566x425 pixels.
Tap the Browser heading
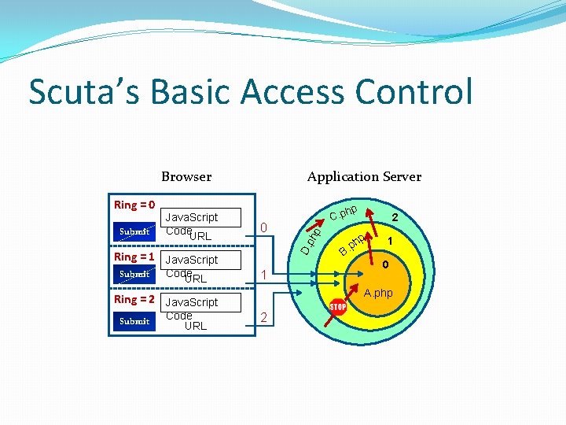186,176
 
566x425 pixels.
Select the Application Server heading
364,176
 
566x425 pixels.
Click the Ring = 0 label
134,205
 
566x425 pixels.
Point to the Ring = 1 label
134,257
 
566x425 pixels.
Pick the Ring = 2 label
134,299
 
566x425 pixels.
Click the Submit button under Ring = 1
134,274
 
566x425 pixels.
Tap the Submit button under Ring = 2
134,320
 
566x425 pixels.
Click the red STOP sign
338,305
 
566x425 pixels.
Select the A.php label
378,293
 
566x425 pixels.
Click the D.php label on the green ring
313,240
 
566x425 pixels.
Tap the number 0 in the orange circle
386,265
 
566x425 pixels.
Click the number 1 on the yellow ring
388,241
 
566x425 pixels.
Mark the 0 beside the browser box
265,228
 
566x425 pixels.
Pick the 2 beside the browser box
265,317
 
